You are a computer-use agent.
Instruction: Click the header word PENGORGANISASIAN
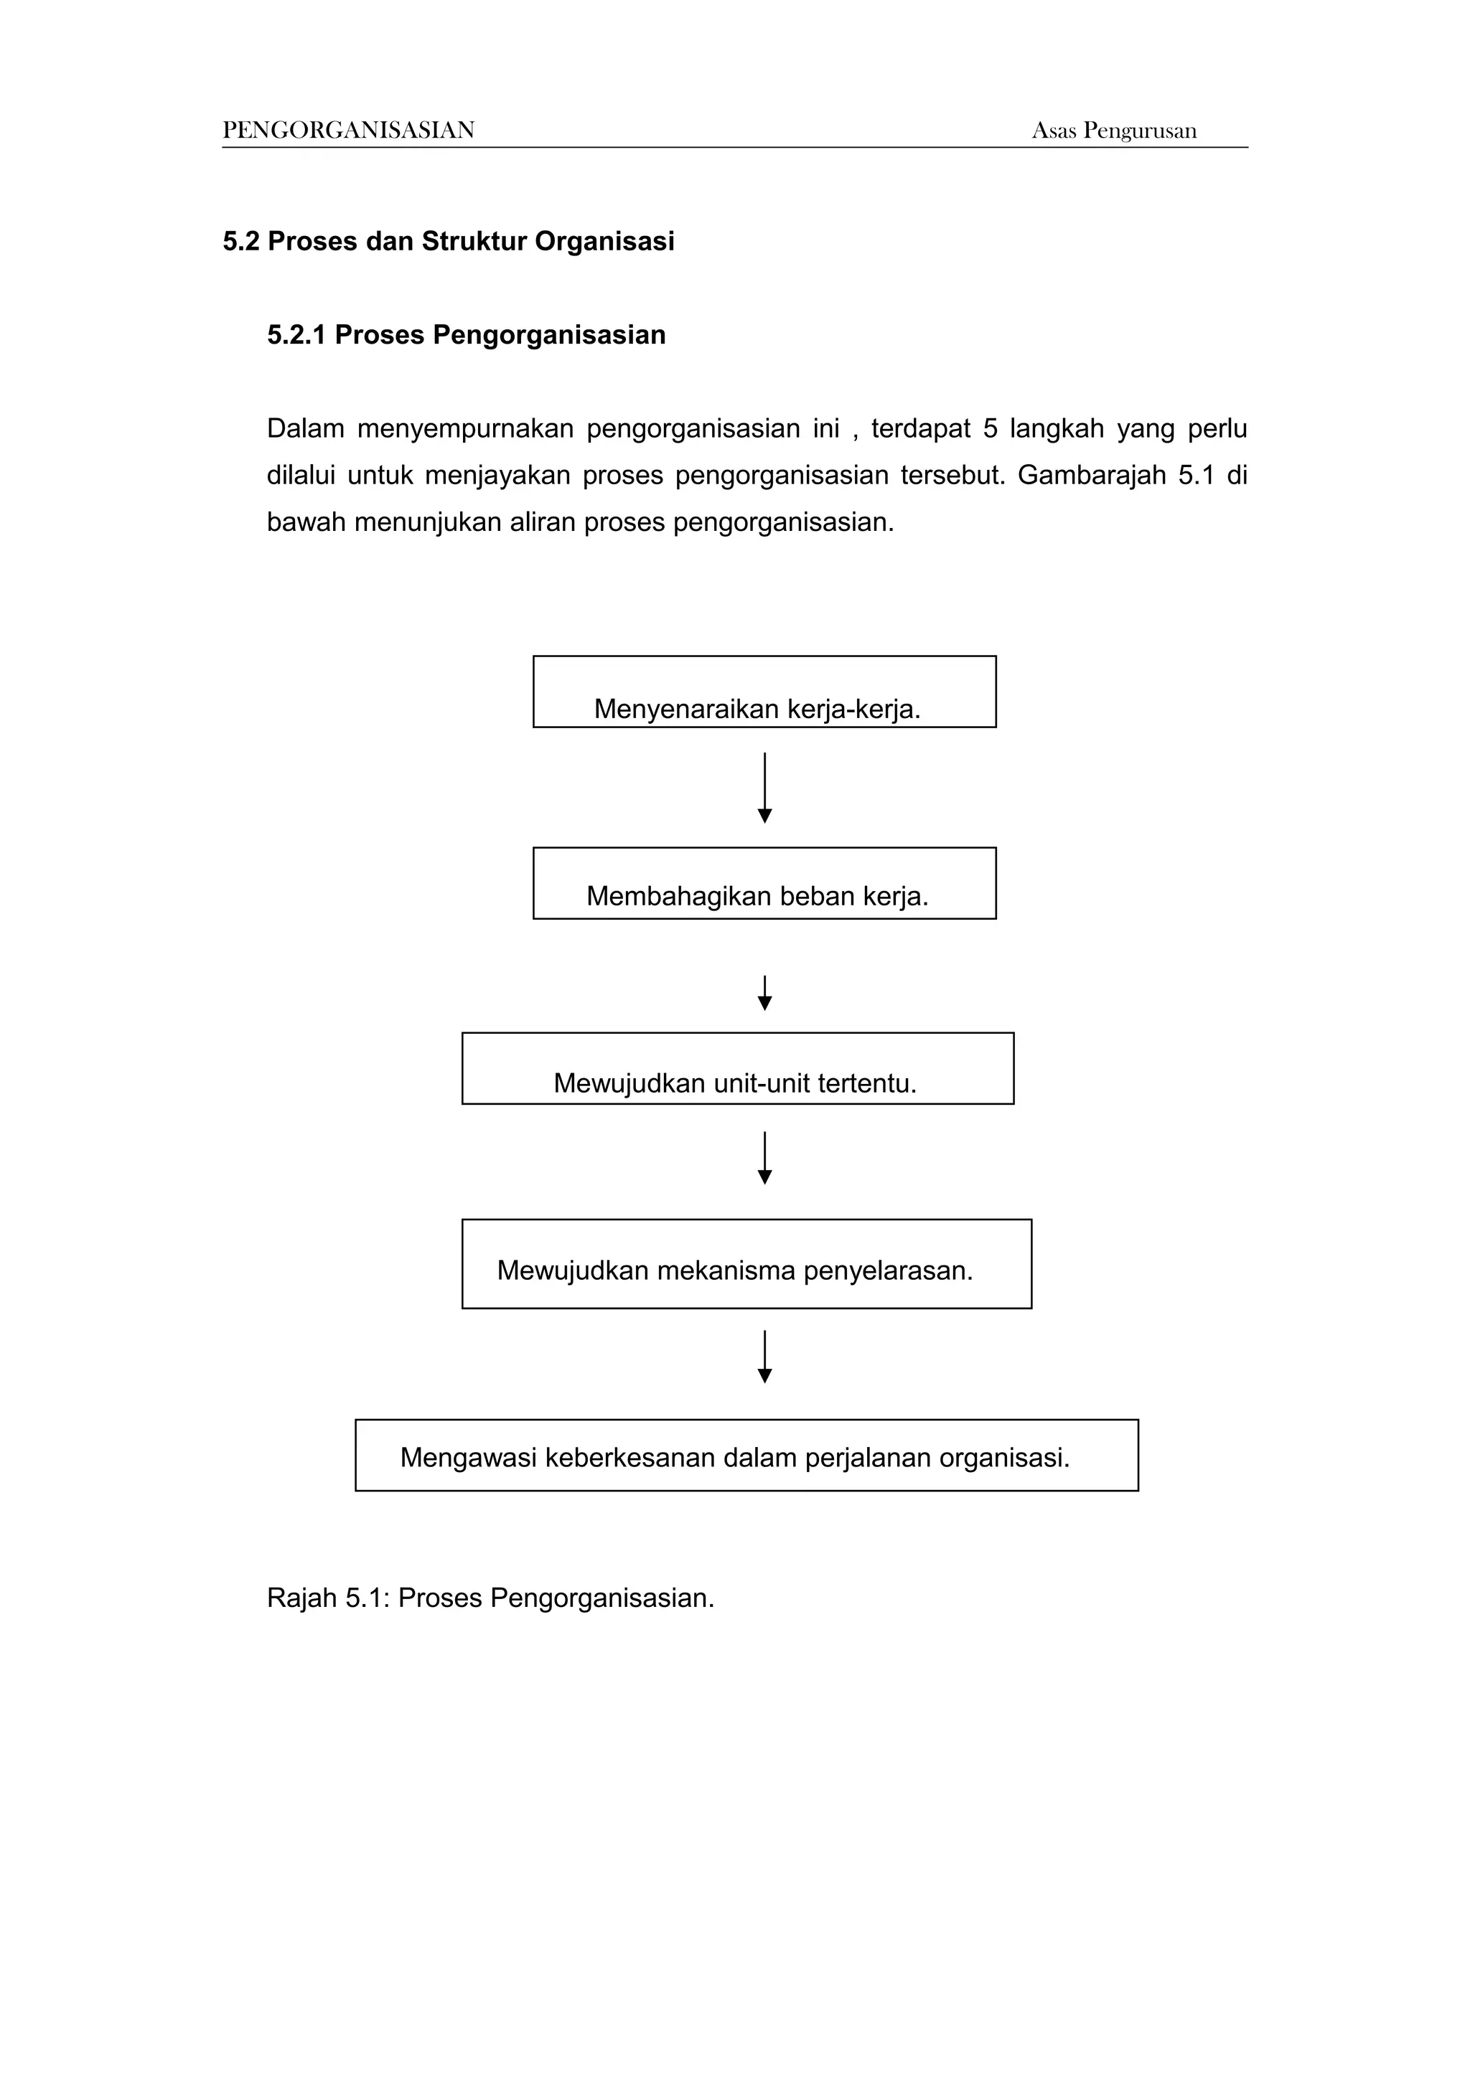(x=349, y=131)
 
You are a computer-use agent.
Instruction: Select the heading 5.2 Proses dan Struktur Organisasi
(x=449, y=242)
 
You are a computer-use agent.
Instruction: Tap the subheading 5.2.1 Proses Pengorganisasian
(x=466, y=335)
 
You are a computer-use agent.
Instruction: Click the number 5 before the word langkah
(x=990, y=428)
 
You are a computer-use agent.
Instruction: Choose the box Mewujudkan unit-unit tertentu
(x=737, y=1068)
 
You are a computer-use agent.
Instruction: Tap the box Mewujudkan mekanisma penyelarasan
(x=746, y=1264)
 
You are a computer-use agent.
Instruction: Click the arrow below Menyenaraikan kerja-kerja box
(x=764, y=788)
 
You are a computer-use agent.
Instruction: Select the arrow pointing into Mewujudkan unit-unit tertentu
(x=764, y=994)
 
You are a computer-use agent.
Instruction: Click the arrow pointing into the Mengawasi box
(x=764, y=1357)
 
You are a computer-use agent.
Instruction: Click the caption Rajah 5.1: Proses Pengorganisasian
(x=490, y=1598)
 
